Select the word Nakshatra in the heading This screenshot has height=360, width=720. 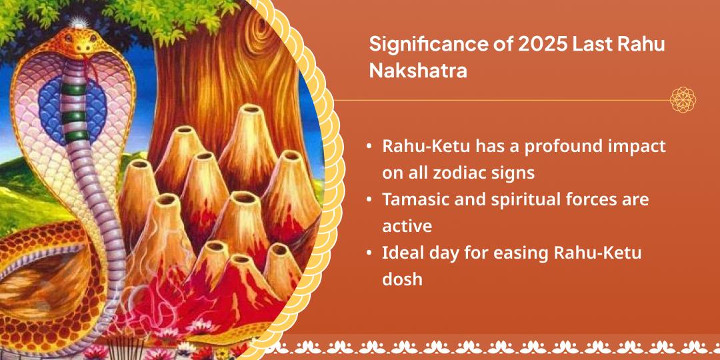point(418,71)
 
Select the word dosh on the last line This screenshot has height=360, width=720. point(402,279)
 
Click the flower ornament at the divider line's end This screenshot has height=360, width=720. point(683,100)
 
